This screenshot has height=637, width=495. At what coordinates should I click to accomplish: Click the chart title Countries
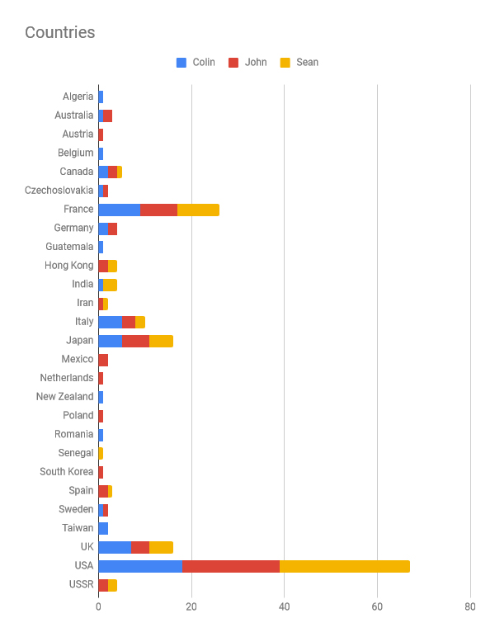[x=59, y=33]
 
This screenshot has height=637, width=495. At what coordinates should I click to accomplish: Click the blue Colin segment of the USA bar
[x=140, y=566]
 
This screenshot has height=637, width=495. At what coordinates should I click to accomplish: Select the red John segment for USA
[x=231, y=566]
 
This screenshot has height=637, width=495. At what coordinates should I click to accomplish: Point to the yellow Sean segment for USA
[x=345, y=566]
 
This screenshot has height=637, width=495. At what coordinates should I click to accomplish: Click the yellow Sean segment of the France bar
[x=198, y=210]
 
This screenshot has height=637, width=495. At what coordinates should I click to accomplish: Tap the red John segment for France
[x=158, y=210]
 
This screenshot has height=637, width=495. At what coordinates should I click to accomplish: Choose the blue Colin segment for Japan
[x=110, y=341]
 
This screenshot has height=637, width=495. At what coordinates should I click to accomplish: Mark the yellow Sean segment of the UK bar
[x=161, y=547]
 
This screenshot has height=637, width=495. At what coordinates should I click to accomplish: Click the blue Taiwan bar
[x=103, y=528]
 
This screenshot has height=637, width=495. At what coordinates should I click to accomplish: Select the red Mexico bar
[x=103, y=360]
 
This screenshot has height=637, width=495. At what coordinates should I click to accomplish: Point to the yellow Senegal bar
[x=101, y=453]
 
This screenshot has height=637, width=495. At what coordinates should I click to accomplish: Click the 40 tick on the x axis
[x=284, y=606]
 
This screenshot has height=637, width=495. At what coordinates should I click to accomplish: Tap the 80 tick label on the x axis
[x=470, y=606]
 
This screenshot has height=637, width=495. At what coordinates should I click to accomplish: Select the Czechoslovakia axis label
[x=59, y=191]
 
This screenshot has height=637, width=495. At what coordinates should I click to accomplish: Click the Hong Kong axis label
[x=69, y=266]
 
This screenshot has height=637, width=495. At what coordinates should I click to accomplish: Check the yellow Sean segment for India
[x=110, y=285]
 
